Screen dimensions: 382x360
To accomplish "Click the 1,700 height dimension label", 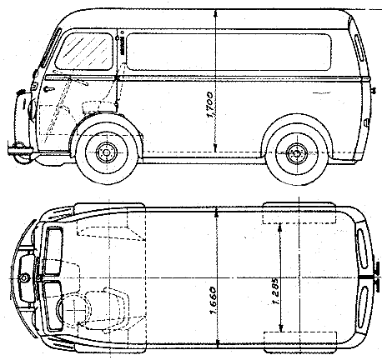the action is click(x=210, y=105).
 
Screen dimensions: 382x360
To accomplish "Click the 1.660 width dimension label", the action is click(x=213, y=301).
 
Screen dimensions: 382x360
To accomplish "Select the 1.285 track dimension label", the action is click(x=275, y=291).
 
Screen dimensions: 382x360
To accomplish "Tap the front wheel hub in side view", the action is click(x=106, y=152).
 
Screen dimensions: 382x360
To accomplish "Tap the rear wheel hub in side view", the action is click(x=297, y=153).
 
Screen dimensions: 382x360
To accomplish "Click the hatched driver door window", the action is click(x=84, y=52).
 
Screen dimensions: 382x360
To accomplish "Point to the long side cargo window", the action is click(x=229, y=52).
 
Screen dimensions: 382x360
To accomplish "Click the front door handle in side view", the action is click(x=49, y=89).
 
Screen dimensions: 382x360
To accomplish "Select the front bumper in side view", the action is click(x=20, y=150).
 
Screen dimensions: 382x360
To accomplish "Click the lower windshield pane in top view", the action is click(x=53, y=306).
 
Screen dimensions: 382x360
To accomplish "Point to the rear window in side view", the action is click(x=359, y=47).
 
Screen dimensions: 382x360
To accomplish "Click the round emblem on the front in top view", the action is click(x=24, y=277).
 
